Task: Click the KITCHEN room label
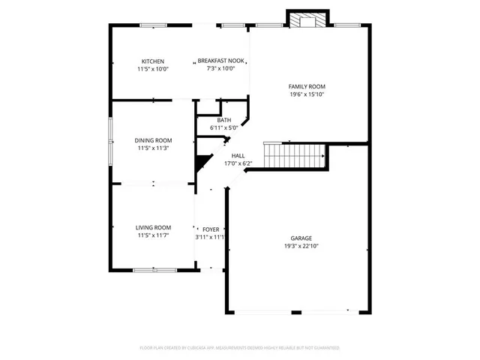coord(153,61)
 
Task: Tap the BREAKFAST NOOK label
coord(221,61)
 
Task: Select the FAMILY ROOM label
coord(307,87)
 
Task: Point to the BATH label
coord(223,121)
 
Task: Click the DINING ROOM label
coord(153,140)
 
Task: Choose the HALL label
coord(238,155)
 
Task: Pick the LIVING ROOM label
coord(153,227)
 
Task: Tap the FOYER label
coord(211,229)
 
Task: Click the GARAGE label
coord(301,238)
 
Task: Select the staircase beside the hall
coord(294,156)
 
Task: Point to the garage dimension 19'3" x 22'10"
coord(301,246)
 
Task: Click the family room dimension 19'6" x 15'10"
coord(307,95)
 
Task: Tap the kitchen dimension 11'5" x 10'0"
coord(153,69)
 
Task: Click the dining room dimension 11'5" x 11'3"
coord(153,148)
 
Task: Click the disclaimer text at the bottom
coord(240,348)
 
